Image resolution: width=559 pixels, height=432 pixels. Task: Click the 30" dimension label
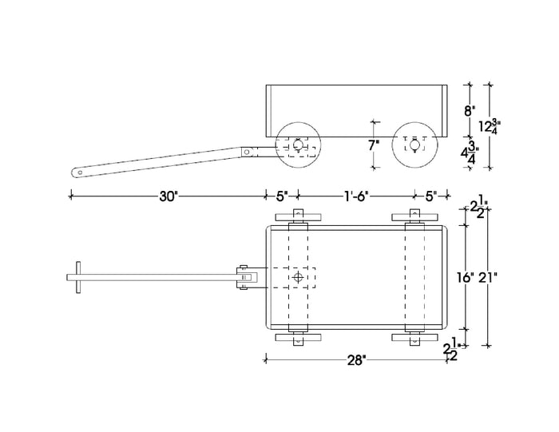click(168, 196)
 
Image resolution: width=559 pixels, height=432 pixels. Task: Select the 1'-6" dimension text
click(356, 196)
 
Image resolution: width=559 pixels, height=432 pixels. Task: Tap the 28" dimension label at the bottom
click(357, 360)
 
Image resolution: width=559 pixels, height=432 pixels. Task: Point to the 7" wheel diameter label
click(374, 145)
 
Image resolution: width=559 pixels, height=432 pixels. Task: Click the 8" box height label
click(470, 111)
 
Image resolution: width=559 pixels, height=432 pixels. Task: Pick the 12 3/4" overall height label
click(490, 126)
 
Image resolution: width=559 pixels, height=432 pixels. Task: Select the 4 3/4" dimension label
click(470, 153)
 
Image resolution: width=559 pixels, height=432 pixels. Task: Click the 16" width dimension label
click(466, 277)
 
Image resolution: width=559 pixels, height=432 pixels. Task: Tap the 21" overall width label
click(488, 277)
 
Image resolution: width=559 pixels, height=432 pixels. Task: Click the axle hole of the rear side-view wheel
click(414, 145)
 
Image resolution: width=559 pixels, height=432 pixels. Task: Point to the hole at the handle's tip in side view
click(80, 172)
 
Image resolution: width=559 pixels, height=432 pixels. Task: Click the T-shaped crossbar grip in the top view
click(78, 277)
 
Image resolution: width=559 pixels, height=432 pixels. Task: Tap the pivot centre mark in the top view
click(298, 277)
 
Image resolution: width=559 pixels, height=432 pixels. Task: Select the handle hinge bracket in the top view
click(248, 277)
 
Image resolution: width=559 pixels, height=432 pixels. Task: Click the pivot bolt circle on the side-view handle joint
click(247, 153)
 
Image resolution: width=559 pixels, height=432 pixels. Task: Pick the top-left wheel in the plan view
click(298, 217)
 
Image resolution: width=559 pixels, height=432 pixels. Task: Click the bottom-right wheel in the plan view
click(414, 337)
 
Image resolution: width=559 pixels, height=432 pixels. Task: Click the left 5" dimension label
click(282, 196)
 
